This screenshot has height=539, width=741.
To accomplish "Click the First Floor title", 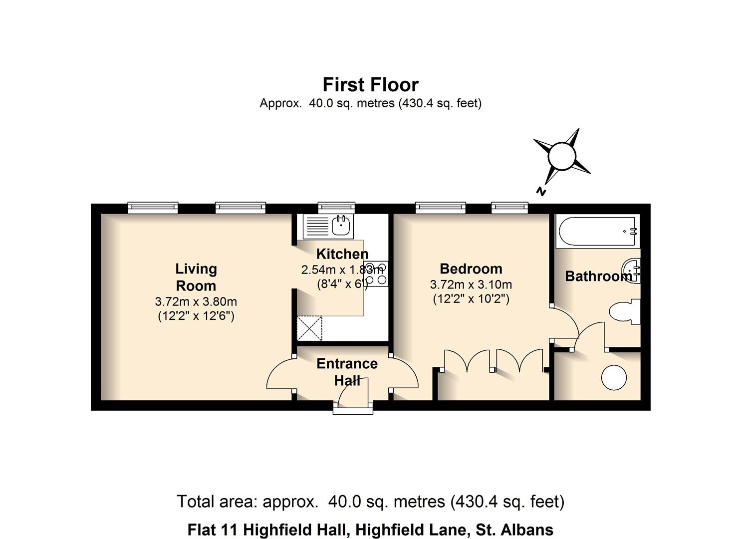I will pos(370,85).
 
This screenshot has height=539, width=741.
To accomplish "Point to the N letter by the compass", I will pos(540,191).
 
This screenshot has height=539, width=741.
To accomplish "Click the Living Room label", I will pos(196,277).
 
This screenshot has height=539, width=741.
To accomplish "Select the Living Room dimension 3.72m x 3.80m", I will pos(196,301).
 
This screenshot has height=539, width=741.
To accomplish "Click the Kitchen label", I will pos(342,254).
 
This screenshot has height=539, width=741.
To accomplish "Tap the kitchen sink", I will pos(342,227).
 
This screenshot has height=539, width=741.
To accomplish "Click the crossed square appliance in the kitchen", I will pos(309,328).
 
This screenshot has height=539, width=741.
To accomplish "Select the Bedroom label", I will pos(471,269).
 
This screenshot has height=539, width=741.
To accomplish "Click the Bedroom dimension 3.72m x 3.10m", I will pos(471,284).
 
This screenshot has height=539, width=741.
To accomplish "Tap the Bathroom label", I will pos(598,276).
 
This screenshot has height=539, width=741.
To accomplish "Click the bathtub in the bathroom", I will pos(598,232).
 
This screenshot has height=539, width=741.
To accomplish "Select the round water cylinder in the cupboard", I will pos(614,377).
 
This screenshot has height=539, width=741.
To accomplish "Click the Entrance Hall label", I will pos(347,371).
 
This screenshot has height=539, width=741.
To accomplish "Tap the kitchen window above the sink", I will pos(336,207).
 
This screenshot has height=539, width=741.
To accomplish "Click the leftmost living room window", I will pos(153,207).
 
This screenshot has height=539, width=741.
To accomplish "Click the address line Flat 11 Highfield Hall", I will pos(370,530).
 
